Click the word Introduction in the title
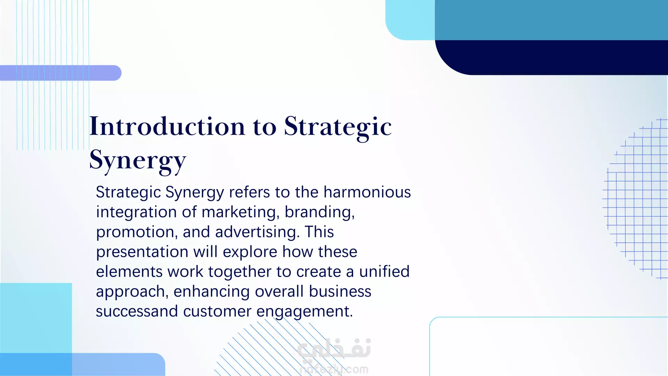[167, 126]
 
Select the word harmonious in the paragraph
[367, 192]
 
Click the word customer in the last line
[217, 312]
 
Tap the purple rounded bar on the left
[61, 73]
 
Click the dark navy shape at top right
[551, 57]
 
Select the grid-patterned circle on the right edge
[635, 198]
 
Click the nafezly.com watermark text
[334, 369]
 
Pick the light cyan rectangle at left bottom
[36, 318]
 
